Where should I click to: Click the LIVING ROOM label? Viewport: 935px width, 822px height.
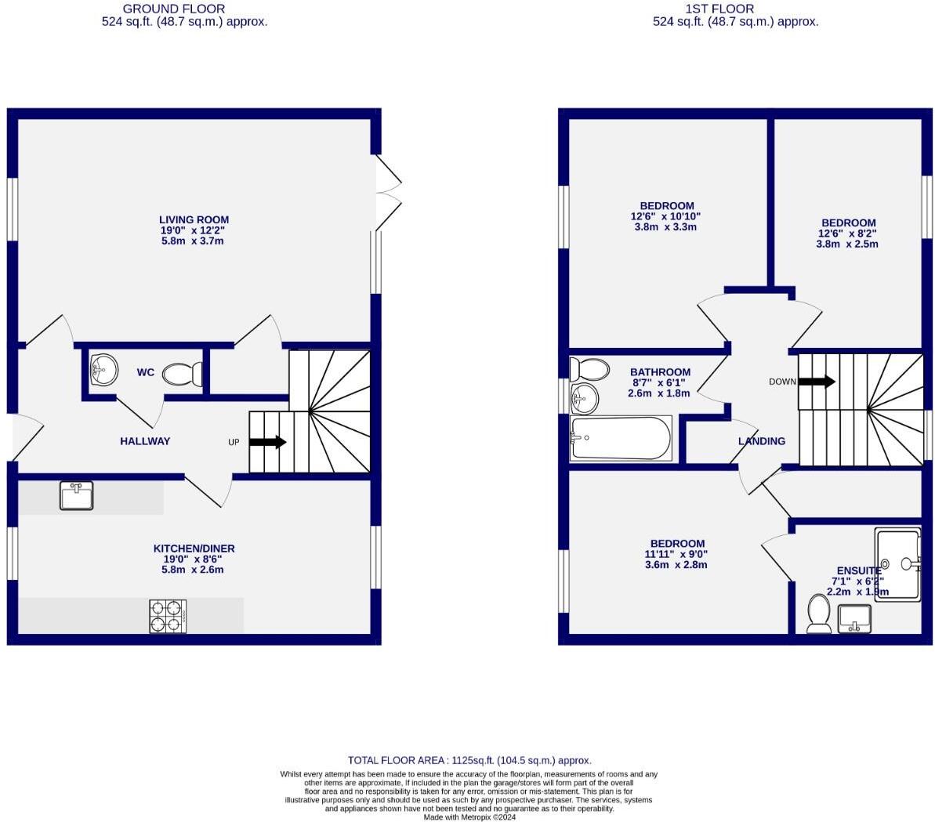tap(194, 220)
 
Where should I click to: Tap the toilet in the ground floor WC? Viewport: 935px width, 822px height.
tap(183, 374)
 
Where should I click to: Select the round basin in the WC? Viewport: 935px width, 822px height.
tap(103, 369)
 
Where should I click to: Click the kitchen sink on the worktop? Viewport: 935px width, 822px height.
tap(76, 496)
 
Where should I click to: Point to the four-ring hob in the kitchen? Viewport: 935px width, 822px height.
tap(168, 616)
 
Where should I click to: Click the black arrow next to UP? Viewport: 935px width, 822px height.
tap(267, 442)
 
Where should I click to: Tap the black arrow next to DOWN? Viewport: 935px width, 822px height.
tap(817, 382)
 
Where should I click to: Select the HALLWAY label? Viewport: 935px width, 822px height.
tap(145, 441)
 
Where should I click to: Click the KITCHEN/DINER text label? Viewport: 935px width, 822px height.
tap(194, 549)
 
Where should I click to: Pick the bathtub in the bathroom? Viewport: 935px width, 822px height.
tap(621, 438)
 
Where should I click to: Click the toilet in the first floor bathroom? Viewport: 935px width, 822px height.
tap(589, 368)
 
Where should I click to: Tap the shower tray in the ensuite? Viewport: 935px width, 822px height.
tap(898, 563)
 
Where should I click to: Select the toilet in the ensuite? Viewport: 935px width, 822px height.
tap(819, 613)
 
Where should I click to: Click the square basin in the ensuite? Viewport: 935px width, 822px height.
tap(856, 618)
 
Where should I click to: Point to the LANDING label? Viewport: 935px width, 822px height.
tap(762, 441)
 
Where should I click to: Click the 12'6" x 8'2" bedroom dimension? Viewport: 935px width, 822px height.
tap(846, 234)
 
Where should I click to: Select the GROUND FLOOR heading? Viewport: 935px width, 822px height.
tap(185, 9)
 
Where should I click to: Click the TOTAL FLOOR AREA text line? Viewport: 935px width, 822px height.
tap(469, 760)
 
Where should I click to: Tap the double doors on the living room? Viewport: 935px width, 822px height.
tap(388, 193)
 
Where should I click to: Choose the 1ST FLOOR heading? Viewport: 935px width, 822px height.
tap(719, 9)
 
